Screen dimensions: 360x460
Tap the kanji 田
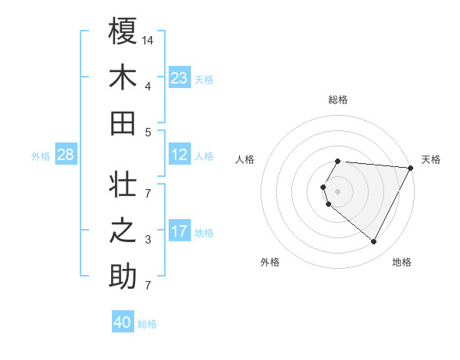(x=123, y=123)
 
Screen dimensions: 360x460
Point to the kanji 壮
(x=123, y=186)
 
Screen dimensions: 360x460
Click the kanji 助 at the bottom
(x=123, y=277)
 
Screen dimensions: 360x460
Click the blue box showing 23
(x=179, y=78)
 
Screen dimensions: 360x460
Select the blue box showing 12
(x=179, y=155)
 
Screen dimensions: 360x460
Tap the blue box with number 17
(x=179, y=231)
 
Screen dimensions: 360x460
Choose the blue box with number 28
(x=65, y=155)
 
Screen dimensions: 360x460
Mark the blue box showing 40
(x=123, y=322)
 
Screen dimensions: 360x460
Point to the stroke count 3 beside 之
(x=148, y=241)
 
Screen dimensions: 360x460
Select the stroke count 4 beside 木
(x=148, y=86)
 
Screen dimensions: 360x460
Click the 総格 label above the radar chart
(x=337, y=100)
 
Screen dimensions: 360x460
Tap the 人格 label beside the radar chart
(x=245, y=159)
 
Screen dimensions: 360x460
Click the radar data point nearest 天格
(x=411, y=168)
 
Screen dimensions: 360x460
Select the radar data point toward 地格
(x=374, y=242)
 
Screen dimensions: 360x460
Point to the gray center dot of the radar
(x=337, y=191)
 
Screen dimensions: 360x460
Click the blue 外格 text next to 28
(x=41, y=156)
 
